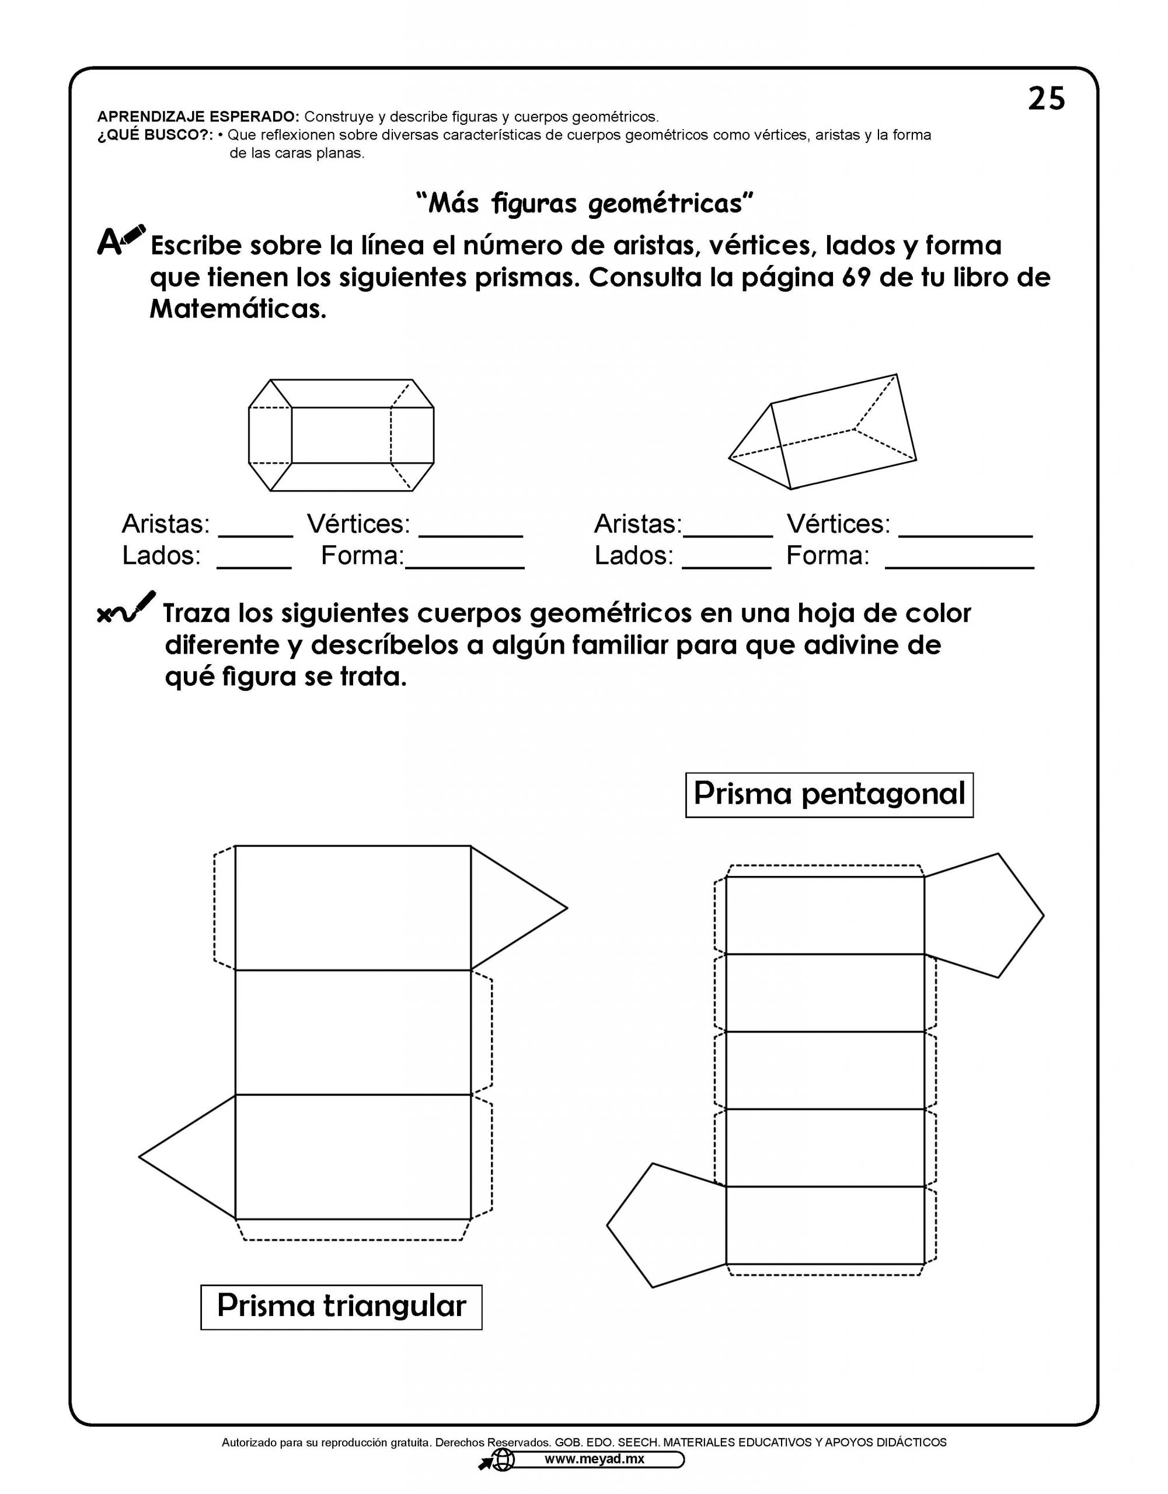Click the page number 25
pos(1046,99)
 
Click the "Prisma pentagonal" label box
pos(829,795)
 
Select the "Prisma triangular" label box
pos(341,1307)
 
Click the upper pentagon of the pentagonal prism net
pos(985,915)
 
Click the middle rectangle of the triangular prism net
pos(353,1032)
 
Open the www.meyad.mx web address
pos(594,1458)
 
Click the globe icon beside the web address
pos(503,1460)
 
